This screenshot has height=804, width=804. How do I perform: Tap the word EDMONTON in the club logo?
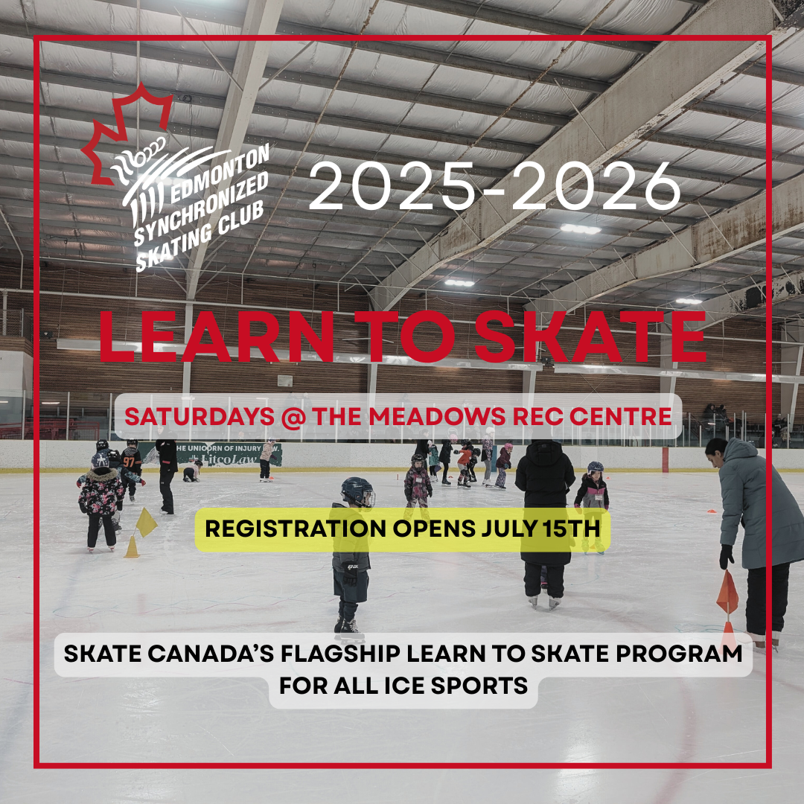(x=220, y=173)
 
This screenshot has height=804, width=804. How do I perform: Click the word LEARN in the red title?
(x=216, y=336)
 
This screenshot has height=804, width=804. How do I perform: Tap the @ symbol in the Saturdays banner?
(x=293, y=416)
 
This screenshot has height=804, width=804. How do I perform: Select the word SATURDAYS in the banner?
(x=199, y=416)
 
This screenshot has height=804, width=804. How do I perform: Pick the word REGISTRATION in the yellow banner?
(x=296, y=529)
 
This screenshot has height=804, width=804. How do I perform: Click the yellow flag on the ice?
(x=146, y=523)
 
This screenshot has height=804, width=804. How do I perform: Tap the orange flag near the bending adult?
(x=727, y=593)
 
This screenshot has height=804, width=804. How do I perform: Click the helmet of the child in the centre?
(x=357, y=492)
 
